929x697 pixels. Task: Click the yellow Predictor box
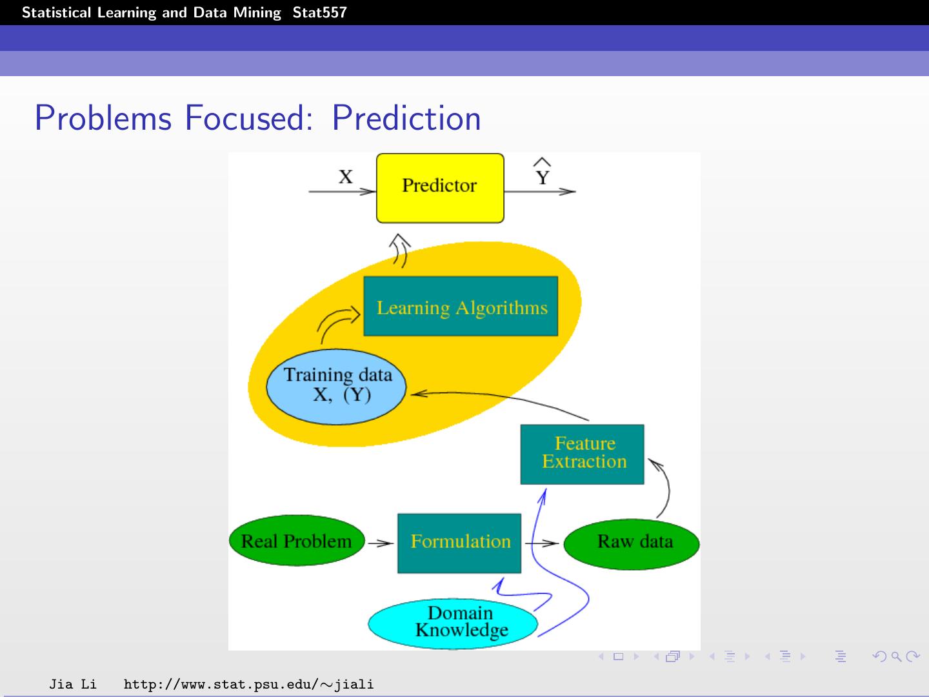click(440, 188)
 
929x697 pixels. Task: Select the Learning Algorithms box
click(461, 307)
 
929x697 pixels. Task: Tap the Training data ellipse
click(336, 387)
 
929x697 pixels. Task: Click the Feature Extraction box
click(582, 454)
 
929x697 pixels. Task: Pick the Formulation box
click(459, 543)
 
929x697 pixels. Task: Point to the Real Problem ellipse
click(297, 541)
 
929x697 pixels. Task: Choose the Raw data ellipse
click(632, 542)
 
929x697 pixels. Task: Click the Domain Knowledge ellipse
click(453, 623)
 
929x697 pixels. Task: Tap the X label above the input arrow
click(346, 177)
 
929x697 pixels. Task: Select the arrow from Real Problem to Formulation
click(381, 543)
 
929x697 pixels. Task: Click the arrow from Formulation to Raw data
click(542, 543)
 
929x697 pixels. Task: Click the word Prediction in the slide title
click(406, 118)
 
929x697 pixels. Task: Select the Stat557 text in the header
click(319, 12)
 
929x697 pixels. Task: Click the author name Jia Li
click(73, 684)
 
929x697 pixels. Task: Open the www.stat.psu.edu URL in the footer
click(248, 684)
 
